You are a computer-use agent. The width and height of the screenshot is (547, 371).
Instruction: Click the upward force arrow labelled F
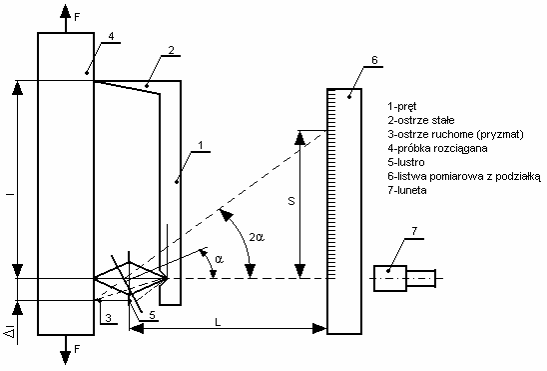coord(65,18)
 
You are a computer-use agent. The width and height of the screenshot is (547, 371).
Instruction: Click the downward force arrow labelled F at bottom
coord(65,350)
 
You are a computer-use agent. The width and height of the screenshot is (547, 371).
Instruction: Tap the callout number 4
coord(111,36)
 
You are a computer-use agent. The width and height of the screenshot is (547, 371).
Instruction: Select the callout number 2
coord(171,50)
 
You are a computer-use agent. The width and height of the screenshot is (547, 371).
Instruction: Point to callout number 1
coord(201,146)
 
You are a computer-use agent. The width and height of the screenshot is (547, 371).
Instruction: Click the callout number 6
coord(374,60)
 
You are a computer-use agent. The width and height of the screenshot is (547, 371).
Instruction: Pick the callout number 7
coord(414,231)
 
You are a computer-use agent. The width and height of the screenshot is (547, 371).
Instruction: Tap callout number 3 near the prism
coord(108,318)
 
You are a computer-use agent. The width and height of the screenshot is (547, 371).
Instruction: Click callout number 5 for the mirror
coord(152,315)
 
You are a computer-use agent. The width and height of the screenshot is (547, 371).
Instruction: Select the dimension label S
coord(291,201)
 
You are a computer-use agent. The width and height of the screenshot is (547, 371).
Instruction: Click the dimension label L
coord(218,322)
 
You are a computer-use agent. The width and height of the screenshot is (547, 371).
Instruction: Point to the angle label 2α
coord(257,237)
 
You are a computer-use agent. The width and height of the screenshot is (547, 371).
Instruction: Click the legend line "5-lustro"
coord(406,162)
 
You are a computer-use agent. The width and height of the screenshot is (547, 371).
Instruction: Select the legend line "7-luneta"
coord(407,190)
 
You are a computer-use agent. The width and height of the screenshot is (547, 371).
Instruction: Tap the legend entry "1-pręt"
coord(402,107)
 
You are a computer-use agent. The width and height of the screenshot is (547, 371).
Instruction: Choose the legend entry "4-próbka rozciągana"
coord(437,148)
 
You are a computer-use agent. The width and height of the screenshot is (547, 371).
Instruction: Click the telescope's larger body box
coord(390,278)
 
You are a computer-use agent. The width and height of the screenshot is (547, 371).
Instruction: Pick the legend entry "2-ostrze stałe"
coord(421,121)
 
